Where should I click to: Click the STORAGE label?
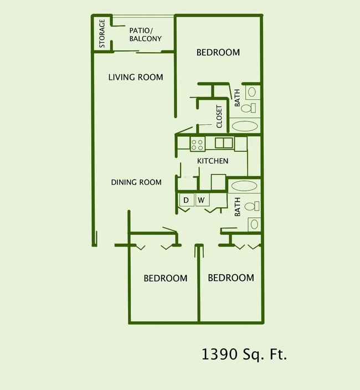click(102, 33)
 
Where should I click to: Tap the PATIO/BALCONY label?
click(145, 34)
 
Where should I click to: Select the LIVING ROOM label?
click(136, 77)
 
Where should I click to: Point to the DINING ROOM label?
click(136, 182)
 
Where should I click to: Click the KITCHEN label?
click(213, 161)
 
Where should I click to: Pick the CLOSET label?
click(219, 116)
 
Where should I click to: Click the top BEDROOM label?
click(218, 53)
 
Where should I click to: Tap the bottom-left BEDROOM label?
click(165, 278)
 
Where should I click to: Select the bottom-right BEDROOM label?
click(230, 278)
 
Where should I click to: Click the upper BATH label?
click(238, 98)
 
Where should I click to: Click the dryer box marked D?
click(186, 199)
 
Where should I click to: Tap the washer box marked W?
click(202, 199)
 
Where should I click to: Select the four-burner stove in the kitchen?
click(198, 144)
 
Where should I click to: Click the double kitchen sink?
click(223, 143)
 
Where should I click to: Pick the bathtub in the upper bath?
click(245, 126)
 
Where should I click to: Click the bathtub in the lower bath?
click(244, 186)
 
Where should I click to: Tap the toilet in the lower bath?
click(253, 206)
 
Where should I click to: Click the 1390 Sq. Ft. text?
click(244, 354)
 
